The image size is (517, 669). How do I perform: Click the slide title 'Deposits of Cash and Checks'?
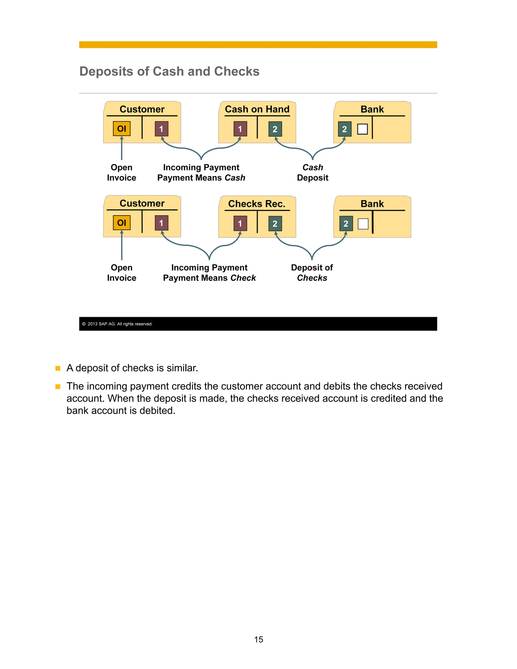coord(169,71)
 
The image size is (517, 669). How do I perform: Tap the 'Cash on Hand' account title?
coord(257,109)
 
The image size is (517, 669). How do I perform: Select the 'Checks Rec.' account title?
coord(257,204)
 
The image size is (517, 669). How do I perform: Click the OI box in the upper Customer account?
coord(122,129)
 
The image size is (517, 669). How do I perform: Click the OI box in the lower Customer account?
coord(122,223)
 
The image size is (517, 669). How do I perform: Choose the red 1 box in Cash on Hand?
coord(240,129)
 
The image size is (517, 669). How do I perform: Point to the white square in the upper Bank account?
coord(362,129)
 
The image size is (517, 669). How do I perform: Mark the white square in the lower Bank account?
coord(363,224)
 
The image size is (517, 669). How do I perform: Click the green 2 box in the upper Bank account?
coord(345,129)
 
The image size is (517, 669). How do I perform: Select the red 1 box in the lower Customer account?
coord(161,223)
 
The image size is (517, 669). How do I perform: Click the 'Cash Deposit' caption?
coord(313,172)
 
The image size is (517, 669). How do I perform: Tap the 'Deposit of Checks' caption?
coord(312,273)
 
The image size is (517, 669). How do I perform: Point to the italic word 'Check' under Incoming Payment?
coord(243,278)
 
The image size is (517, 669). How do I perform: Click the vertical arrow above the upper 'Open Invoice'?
coord(122,148)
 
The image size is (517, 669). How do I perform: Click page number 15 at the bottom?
coord(258,639)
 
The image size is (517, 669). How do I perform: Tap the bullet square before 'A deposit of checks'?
coord(58,368)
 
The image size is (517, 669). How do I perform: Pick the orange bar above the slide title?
coord(258,45)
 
